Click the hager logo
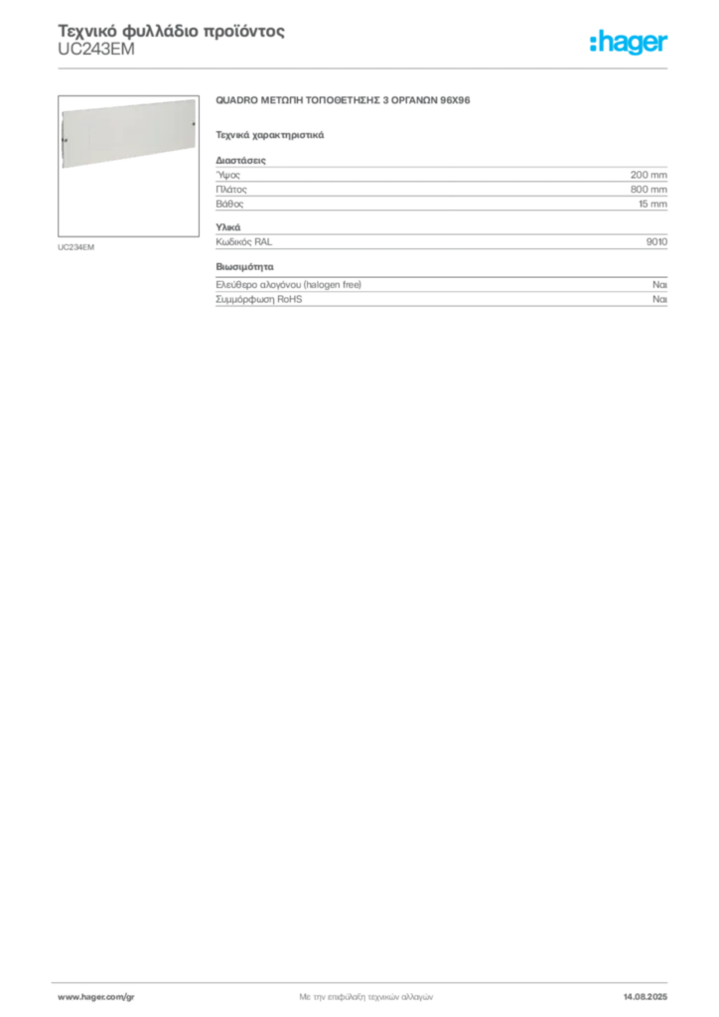tap(629, 43)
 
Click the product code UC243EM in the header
tap(96, 50)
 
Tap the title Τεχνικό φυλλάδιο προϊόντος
tap(171, 31)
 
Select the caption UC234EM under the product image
tap(75, 247)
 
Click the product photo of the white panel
tap(128, 133)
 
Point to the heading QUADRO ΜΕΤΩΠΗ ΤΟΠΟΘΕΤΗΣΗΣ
tap(343, 100)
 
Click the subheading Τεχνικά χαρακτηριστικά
tap(270, 135)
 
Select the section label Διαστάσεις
tap(240, 160)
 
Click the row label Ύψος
tap(227, 175)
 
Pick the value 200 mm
tap(648, 175)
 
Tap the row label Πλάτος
tap(231, 190)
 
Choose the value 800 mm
tap(648, 190)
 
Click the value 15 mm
tap(652, 204)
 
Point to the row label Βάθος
tap(229, 204)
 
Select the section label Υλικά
tap(228, 227)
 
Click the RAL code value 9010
tap(656, 242)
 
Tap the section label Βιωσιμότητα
tap(244, 266)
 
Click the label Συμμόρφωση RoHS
tap(258, 299)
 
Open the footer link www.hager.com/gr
tap(96, 997)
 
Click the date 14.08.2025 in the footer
tap(646, 997)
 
